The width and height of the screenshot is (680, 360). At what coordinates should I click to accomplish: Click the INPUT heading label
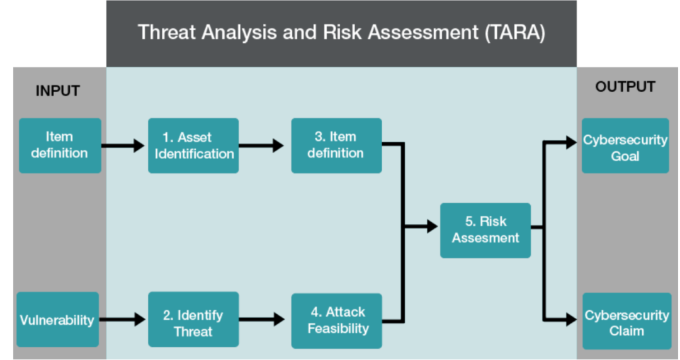(x=58, y=91)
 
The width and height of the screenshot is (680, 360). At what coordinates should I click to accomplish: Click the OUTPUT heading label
(x=625, y=87)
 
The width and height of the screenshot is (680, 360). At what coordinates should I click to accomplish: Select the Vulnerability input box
(x=58, y=319)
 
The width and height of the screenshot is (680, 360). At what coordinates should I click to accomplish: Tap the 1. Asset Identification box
(x=193, y=146)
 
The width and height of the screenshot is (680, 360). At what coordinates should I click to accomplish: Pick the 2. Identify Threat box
(x=193, y=319)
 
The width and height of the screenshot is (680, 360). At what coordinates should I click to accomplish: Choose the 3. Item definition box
(x=336, y=146)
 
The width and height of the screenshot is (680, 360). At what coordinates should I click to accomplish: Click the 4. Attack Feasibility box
(x=336, y=321)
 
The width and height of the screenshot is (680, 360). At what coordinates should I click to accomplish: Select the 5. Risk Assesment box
(x=485, y=230)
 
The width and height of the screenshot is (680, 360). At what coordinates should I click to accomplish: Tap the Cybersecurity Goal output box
(x=625, y=146)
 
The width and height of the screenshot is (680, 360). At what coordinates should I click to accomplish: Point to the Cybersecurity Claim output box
(x=626, y=321)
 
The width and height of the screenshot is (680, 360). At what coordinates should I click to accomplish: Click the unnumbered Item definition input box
(x=60, y=146)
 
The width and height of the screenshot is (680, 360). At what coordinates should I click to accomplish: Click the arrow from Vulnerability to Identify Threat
(x=122, y=320)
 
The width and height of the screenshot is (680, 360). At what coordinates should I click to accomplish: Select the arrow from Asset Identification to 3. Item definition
(x=261, y=145)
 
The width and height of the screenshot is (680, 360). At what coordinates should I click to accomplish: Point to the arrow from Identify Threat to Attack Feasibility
(x=261, y=320)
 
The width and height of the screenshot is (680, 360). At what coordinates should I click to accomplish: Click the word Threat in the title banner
(x=167, y=33)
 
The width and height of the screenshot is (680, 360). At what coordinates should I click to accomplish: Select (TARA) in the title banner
(x=515, y=33)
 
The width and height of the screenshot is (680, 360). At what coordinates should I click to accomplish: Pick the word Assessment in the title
(x=423, y=33)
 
